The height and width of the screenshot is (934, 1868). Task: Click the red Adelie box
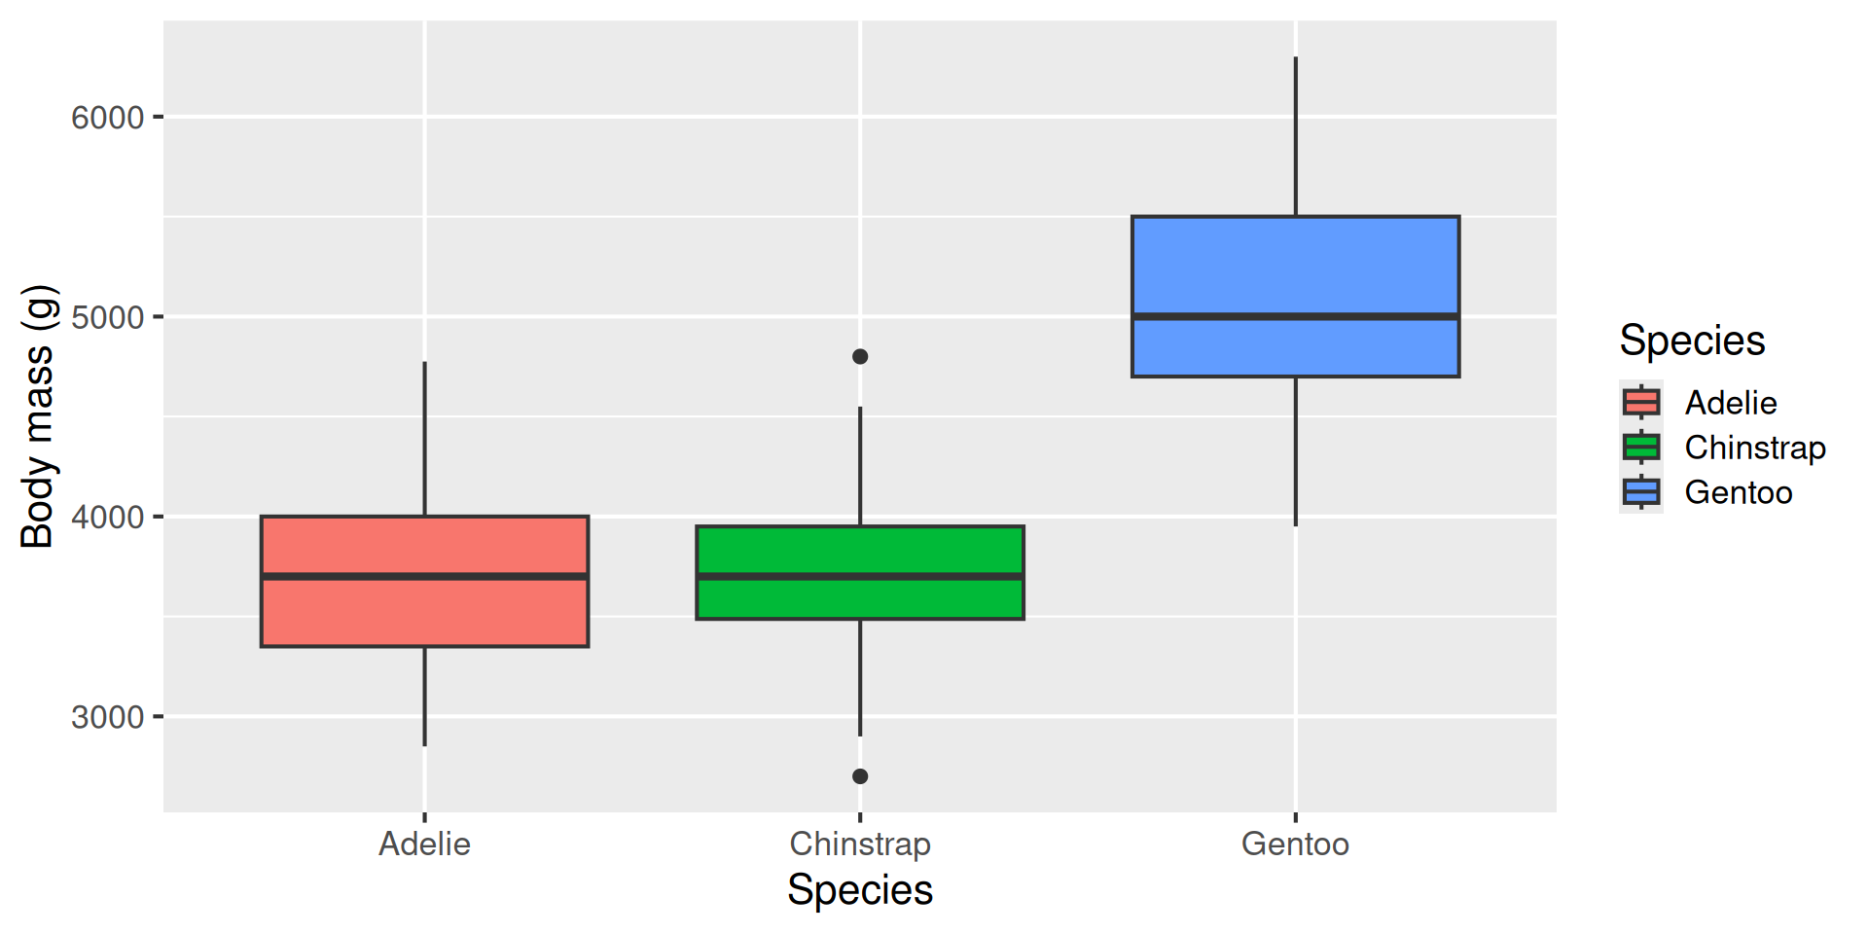tap(424, 613)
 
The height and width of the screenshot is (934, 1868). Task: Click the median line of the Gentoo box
tap(1295, 316)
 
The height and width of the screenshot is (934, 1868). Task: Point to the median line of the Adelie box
tap(424, 577)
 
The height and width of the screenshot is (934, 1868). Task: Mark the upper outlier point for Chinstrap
tap(860, 357)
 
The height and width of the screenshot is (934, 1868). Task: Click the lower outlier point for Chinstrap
tap(860, 776)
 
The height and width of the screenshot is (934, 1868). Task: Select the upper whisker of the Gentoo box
tap(1295, 136)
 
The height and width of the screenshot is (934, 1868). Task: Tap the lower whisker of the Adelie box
tap(424, 696)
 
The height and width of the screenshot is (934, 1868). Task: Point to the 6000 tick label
tap(107, 118)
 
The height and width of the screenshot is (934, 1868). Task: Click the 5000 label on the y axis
tap(107, 317)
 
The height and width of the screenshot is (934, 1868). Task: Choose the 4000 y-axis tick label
tap(107, 517)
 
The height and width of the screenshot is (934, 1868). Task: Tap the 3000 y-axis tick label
tap(107, 717)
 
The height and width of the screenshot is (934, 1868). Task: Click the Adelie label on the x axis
tap(424, 844)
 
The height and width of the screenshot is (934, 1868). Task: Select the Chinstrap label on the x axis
tap(860, 844)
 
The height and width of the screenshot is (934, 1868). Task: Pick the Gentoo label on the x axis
tap(1295, 844)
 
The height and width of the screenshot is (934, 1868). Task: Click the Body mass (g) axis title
tap(37, 416)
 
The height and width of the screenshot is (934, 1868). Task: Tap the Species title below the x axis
tap(860, 890)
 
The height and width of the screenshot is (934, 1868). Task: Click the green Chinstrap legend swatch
tap(1641, 448)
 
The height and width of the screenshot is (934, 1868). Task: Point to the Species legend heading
tap(1692, 341)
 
